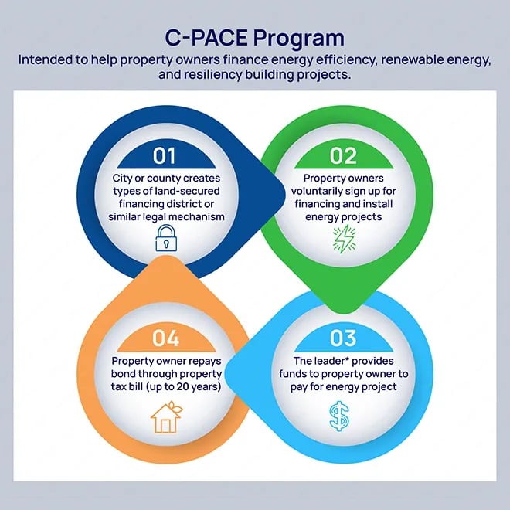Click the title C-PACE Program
pyautogui.click(x=255, y=37)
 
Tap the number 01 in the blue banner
pyautogui.click(x=164, y=155)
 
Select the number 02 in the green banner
pyautogui.click(x=343, y=155)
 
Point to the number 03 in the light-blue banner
pyautogui.click(x=343, y=338)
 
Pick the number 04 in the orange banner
pyautogui.click(x=165, y=338)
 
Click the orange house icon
pyautogui.click(x=164, y=417)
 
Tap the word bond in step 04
pyautogui.click(x=127, y=374)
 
